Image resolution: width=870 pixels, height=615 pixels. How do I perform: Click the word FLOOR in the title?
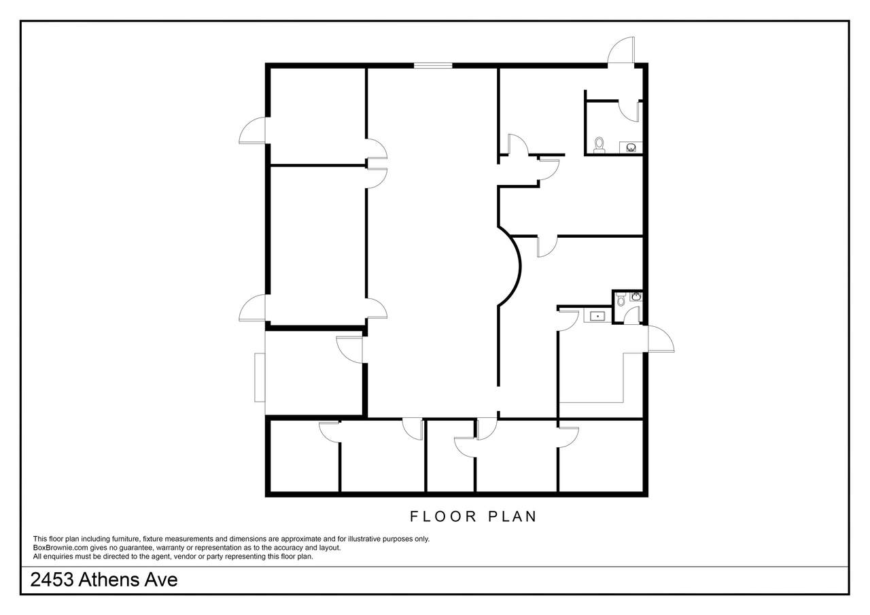tap(443, 516)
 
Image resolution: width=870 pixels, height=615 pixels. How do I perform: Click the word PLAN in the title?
tap(512, 516)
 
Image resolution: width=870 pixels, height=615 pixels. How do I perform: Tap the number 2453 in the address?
tap(52, 580)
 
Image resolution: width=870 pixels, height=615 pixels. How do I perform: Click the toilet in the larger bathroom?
tap(599, 145)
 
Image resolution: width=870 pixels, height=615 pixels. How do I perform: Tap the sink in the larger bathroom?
tap(631, 147)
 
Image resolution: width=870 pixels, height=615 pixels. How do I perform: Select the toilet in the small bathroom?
tap(621, 300)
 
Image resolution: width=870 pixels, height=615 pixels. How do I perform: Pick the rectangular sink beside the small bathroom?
tap(597, 317)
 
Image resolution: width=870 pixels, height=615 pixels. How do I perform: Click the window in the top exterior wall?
tap(433, 66)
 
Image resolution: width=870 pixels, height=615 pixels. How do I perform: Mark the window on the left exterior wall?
tap(260, 377)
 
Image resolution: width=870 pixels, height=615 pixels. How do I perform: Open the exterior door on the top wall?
tap(621, 52)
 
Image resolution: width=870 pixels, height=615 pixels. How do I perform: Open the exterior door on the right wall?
tap(661, 339)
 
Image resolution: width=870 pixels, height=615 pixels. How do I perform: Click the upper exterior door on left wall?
tap(252, 130)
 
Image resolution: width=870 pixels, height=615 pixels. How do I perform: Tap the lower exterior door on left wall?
tap(252, 308)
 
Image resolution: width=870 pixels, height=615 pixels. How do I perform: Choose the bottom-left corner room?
tap(304, 457)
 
